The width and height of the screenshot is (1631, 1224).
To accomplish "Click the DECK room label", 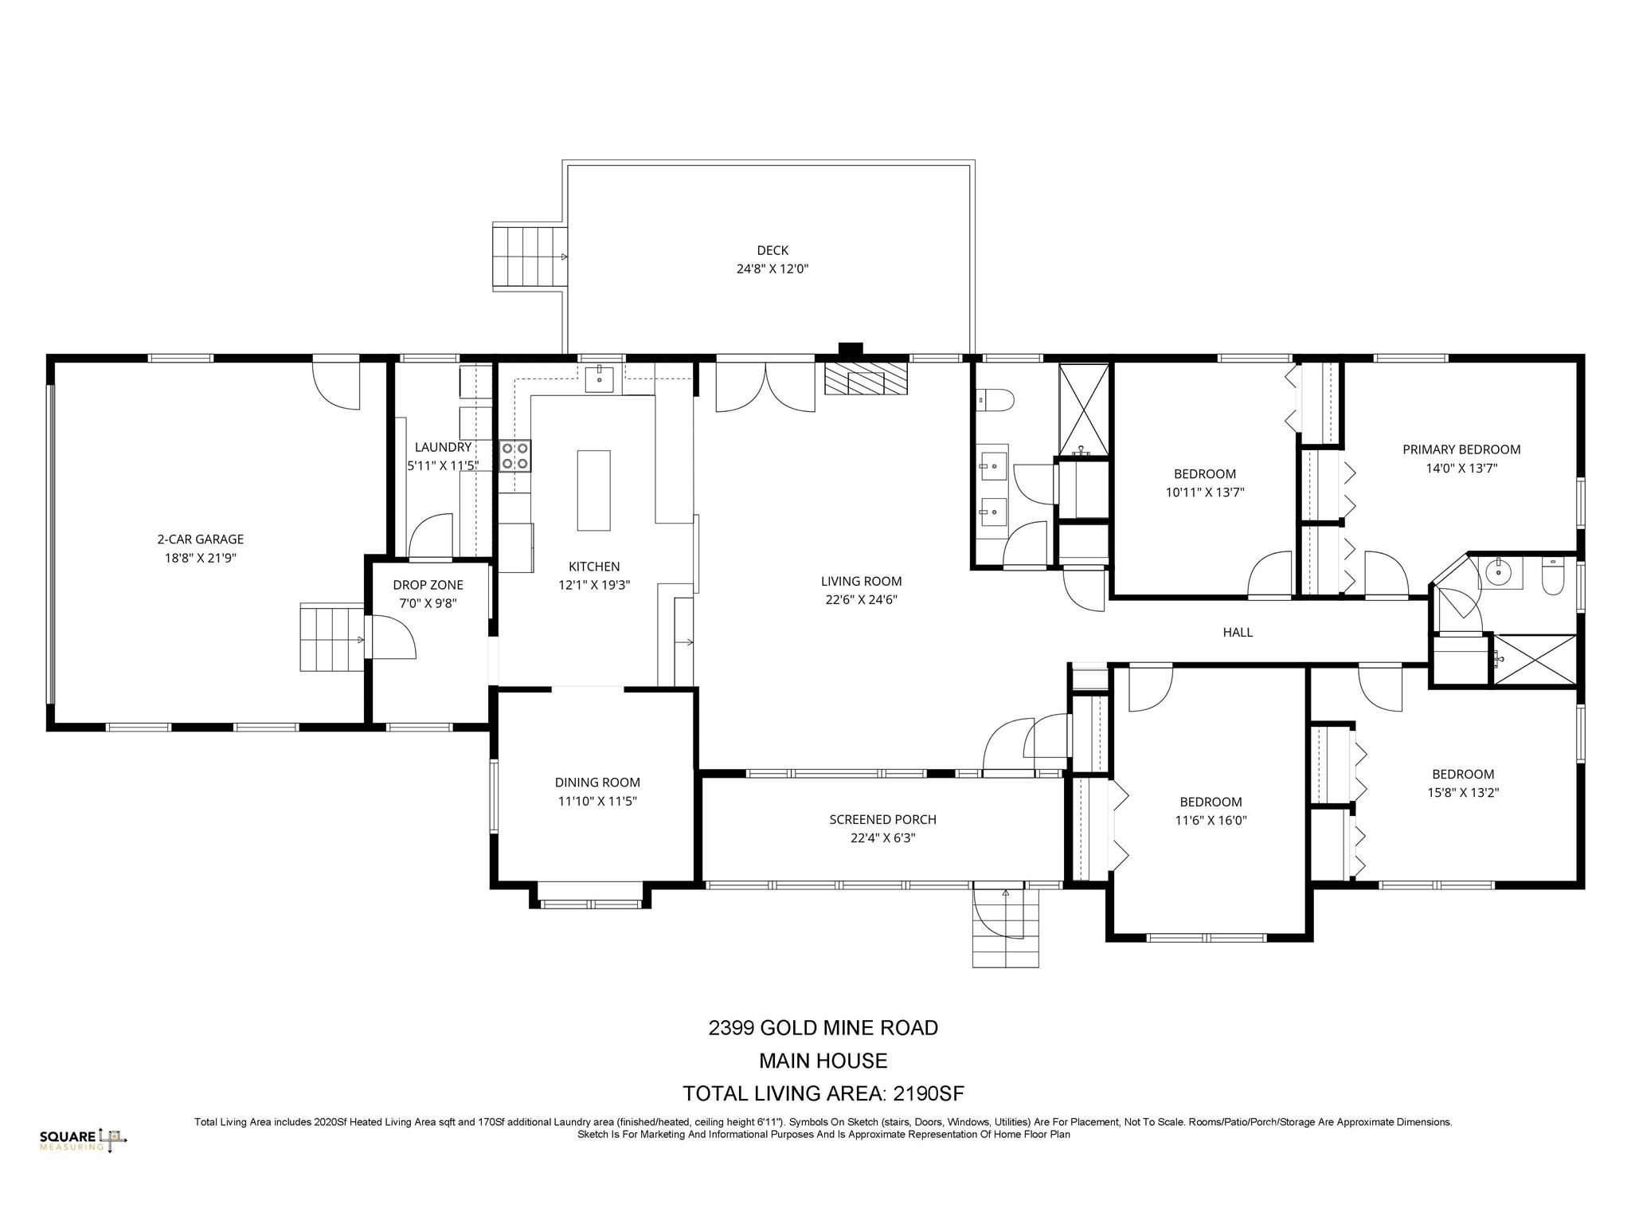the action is tap(772, 250).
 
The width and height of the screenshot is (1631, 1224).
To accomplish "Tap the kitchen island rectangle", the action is tap(593, 491).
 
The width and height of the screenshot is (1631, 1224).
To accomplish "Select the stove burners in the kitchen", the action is tap(515, 455).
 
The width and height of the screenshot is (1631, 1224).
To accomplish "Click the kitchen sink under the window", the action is tap(599, 380).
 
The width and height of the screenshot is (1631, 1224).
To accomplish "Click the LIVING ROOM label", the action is tap(862, 582).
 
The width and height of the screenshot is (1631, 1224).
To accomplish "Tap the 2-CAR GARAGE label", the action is tap(201, 539).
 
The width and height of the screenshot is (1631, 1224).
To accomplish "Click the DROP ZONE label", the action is tap(428, 585).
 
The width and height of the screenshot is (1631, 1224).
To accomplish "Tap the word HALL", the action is tap(1238, 632).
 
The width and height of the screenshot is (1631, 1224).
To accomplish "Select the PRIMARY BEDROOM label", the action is tap(1461, 449).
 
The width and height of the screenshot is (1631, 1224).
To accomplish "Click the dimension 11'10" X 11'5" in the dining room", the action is tap(597, 802).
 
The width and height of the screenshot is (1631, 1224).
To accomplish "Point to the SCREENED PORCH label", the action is tap(882, 819).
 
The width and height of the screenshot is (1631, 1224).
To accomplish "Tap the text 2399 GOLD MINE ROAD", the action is tap(823, 1028).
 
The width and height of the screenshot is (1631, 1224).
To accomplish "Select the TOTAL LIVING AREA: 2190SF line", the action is tap(823, 1093).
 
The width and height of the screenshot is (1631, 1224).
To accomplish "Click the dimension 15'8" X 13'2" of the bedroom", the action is tap(1463, 793).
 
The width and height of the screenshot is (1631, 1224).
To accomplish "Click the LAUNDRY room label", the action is tap(444, 447).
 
